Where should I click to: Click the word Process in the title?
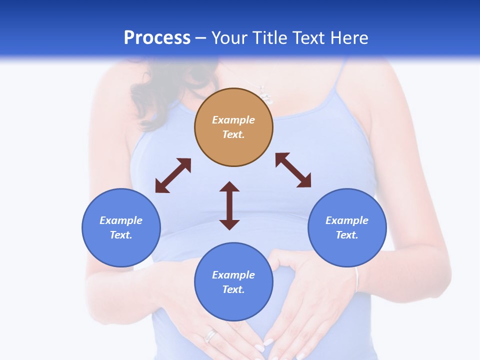[x=157, y=38]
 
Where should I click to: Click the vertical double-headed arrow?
[x=229, y=206]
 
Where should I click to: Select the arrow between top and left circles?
[x=173, y=175]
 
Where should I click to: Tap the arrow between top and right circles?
[x=293, y=170]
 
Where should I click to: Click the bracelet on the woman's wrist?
[x=356, y=280]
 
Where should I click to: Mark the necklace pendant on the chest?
[x=266, y=95]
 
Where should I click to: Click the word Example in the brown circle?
[x=233, y=120]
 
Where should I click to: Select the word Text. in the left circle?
[x=121, y=235]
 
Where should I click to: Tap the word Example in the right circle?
[x=347, y=220]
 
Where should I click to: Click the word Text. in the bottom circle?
[x=233, y=289]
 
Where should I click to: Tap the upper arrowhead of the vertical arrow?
[x=229, y=187]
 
